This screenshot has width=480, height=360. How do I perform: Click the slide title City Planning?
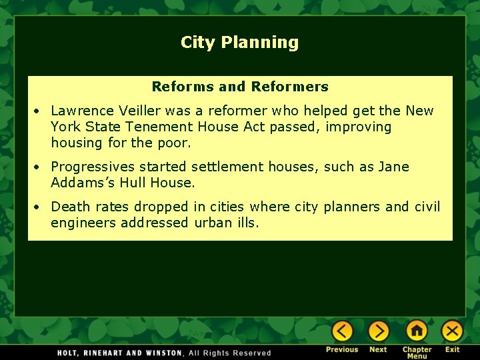point(239,43)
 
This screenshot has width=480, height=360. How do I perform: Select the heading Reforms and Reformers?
point(240,87)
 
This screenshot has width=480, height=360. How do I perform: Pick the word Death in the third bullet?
point(69,207)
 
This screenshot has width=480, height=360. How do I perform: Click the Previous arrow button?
point(342,331)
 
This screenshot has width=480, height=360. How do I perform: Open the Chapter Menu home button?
point(417,331)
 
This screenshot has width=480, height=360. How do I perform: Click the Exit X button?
point(453,331)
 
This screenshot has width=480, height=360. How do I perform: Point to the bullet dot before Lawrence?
point(40,111)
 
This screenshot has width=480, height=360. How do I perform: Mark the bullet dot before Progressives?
point(40,167)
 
